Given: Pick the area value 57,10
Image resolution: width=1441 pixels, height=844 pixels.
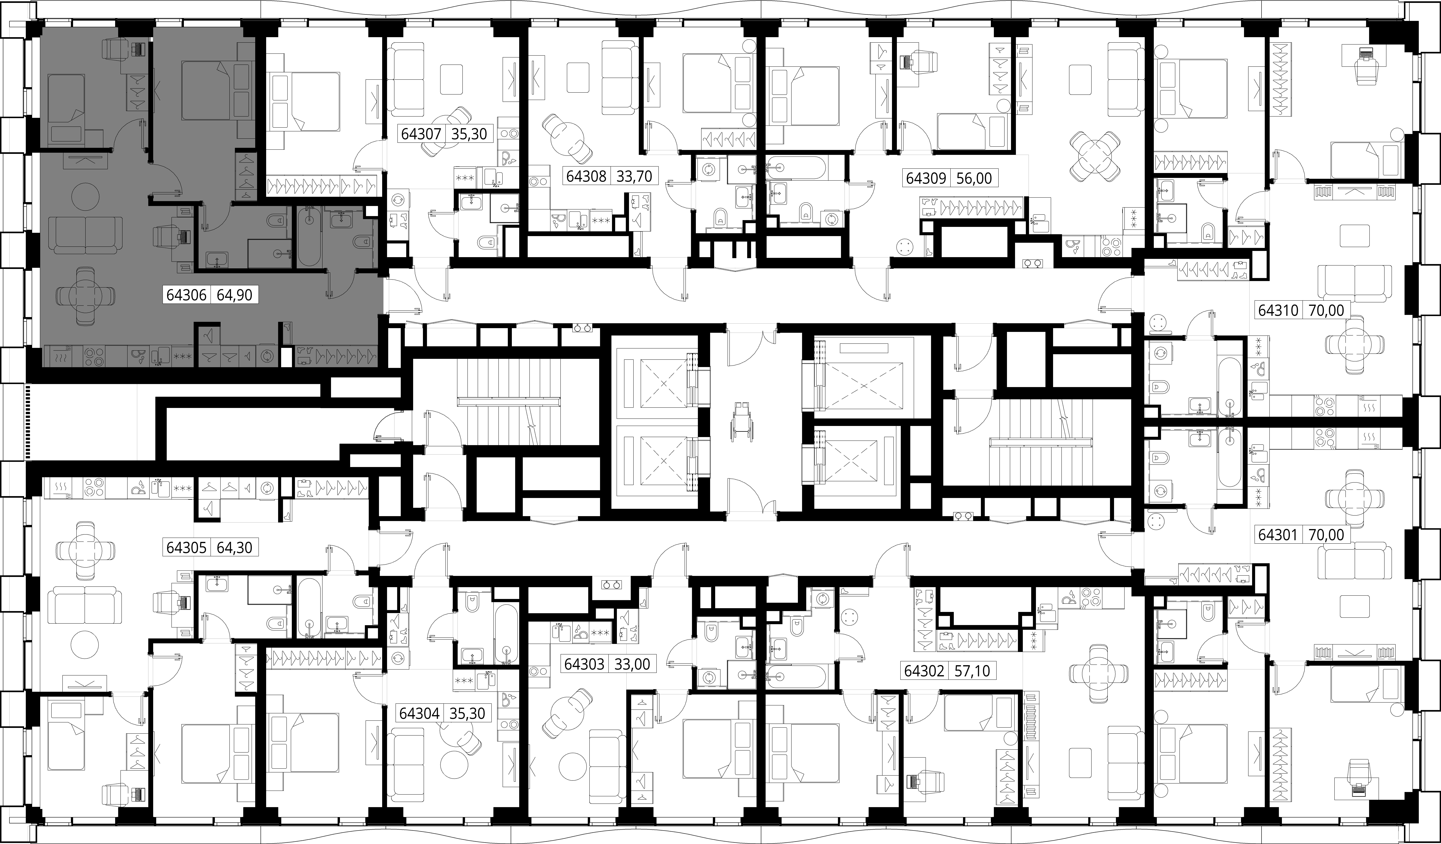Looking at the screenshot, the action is coord(973,670).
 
